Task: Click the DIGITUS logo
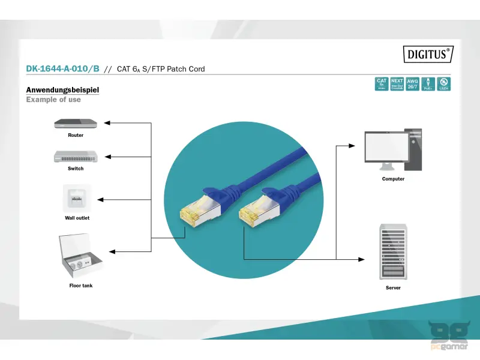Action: coord(427,54)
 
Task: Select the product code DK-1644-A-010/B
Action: coord(62,69)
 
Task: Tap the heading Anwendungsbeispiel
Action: coord(62,90)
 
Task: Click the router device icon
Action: coord(76,123)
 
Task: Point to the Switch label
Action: coord(76,169)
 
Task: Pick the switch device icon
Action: coord(76,156)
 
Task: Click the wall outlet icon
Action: coord(77,197)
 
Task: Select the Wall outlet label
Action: coord(77,218)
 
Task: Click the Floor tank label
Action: coord(81,286)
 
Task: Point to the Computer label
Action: coord(393,179)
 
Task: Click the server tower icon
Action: coord(393,251)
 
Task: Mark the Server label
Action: coord(393,288)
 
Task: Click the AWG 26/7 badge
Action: coord(413,84)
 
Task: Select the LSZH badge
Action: coord(444,84)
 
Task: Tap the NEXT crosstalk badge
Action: coord(397,84)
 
